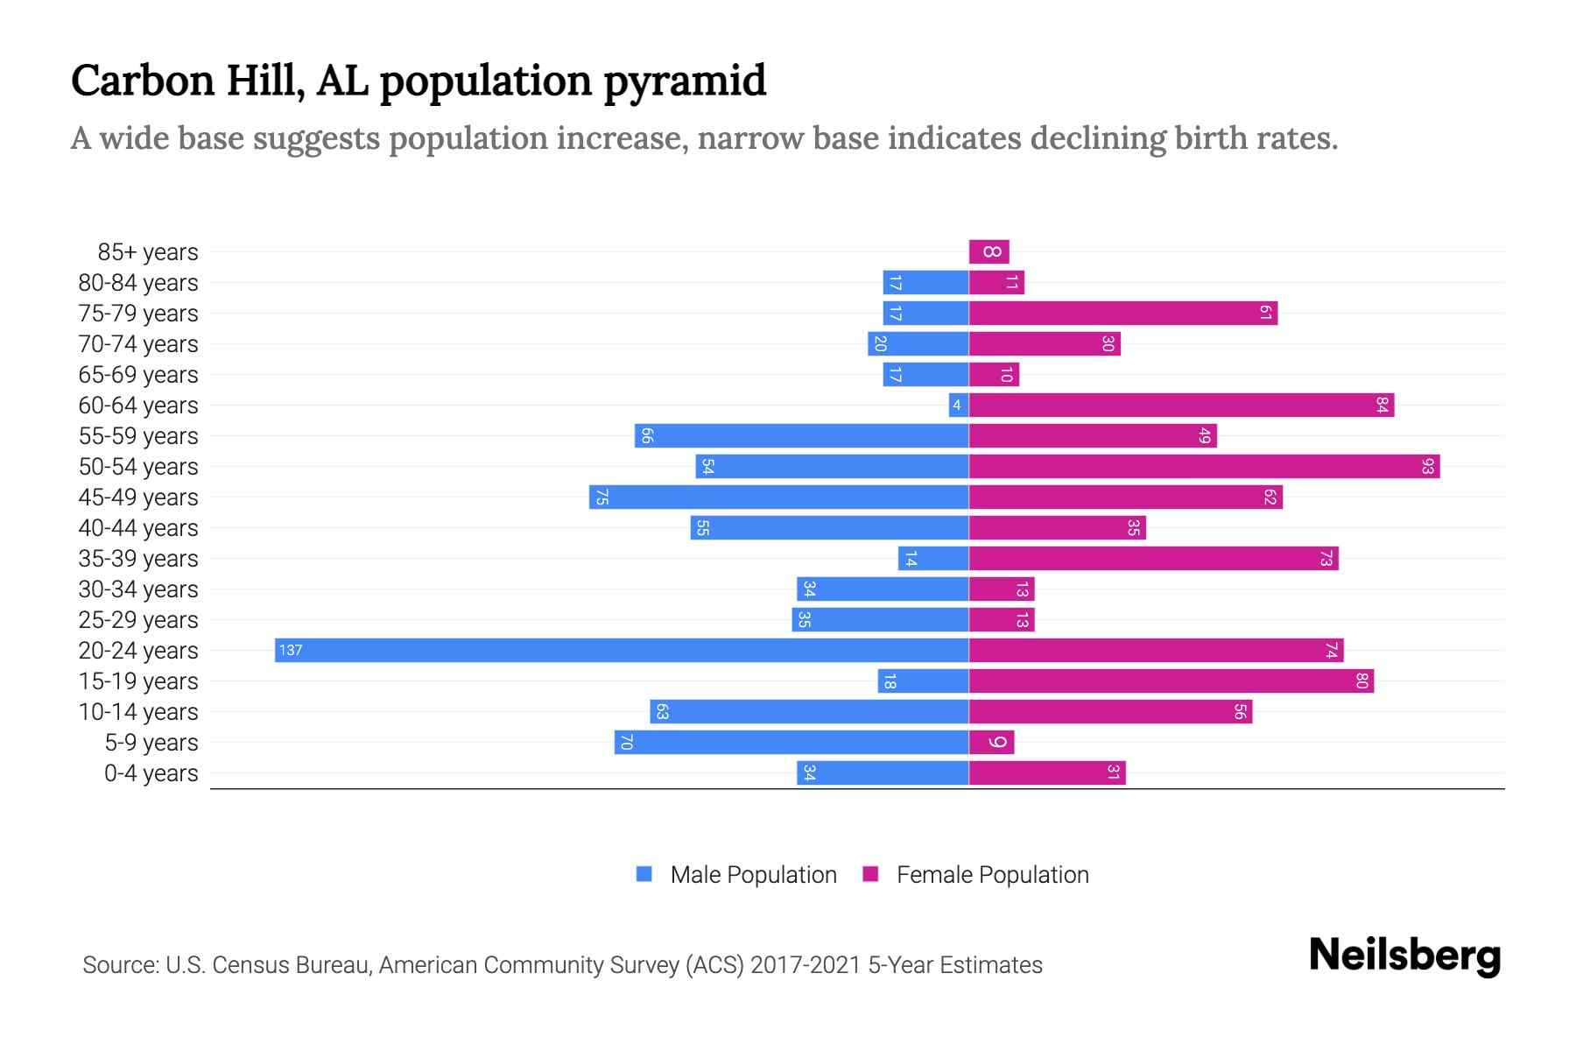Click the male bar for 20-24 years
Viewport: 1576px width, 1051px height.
622,650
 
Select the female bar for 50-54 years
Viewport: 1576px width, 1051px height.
1204,466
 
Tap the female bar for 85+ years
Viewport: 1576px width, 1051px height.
989,251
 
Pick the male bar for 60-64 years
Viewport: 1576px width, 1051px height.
959,405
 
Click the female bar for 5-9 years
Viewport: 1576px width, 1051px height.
991,742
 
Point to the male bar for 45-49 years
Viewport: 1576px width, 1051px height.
779,497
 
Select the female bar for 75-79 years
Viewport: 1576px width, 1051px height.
1122,313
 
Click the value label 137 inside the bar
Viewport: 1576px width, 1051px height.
291,650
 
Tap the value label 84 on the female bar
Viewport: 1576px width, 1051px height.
1382,405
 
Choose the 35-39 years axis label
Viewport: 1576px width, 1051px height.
138,558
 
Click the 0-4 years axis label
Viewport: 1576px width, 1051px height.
151,772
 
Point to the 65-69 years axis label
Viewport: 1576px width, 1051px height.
138,374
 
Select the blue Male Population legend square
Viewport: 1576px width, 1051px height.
644,874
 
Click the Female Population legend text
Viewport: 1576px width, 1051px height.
992,874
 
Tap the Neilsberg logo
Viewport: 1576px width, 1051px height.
1404,955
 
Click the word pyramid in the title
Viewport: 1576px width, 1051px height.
685,81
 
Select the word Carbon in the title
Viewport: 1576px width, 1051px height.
143,81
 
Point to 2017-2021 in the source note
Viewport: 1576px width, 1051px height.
806,964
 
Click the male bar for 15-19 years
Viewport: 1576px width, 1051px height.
923,681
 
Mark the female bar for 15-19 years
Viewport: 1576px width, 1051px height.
1171,681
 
